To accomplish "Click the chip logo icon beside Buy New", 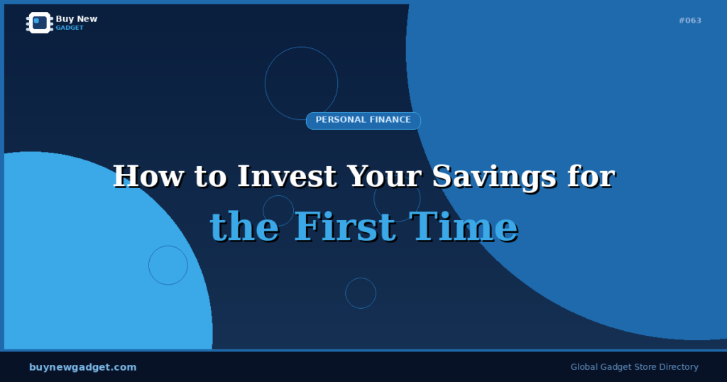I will [40, 23].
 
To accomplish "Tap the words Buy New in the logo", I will [77, 19].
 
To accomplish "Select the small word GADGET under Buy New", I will [70, 28].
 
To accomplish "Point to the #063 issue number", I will [689, 21].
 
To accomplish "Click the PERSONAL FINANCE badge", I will [363, 120].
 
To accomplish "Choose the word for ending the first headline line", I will [591, 176].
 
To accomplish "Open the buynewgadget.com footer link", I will [82, 367].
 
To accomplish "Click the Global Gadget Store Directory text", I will [634, 367].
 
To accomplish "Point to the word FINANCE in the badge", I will [389, 120].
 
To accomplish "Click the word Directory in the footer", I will [678, 367].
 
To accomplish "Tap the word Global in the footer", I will [585, 367].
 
